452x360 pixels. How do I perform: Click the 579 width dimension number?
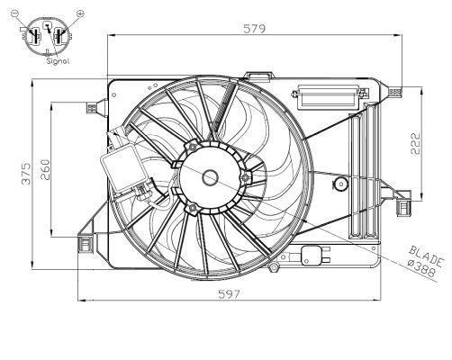coord(254,29)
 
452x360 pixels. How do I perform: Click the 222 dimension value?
coord(415,144)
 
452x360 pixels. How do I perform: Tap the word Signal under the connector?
coord(47,61)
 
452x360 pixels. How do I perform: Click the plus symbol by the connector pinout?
coord(79,14)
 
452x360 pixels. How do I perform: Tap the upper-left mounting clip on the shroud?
coord(90,107)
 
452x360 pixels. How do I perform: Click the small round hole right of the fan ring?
coord(340,184)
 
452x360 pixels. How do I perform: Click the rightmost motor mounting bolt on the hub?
coord(244,176)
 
